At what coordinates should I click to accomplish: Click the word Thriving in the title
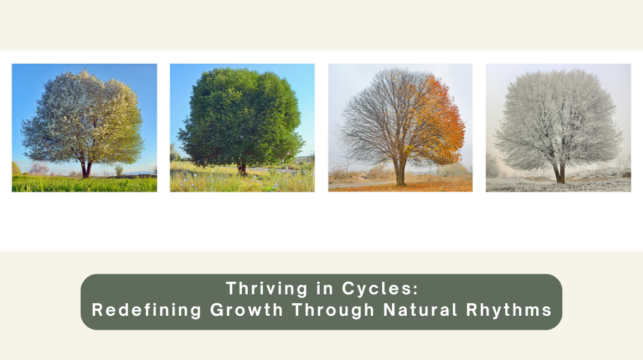[267, 289]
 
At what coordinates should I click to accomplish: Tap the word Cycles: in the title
[380, 289]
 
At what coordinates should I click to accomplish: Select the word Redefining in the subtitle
[147, 310]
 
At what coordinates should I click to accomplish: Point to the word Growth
[246, 310]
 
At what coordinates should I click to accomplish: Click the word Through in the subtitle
[333, 310]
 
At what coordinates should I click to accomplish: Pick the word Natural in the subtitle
[420, 310]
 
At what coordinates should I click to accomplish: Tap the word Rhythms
[509, 310]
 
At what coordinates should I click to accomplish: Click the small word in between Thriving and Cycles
[325, 289]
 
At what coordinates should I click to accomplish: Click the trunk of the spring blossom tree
[86, 168]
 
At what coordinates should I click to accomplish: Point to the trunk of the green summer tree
[242, 169]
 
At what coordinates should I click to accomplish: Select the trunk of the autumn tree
[400, 172]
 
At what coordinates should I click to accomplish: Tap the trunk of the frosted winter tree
[560, 173]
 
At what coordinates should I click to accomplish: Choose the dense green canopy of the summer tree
[242, 117]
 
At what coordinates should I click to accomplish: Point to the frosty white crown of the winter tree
[558, 119]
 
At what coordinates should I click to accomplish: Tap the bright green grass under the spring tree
[84, 184]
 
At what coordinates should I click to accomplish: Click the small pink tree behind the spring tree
[39, 169]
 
